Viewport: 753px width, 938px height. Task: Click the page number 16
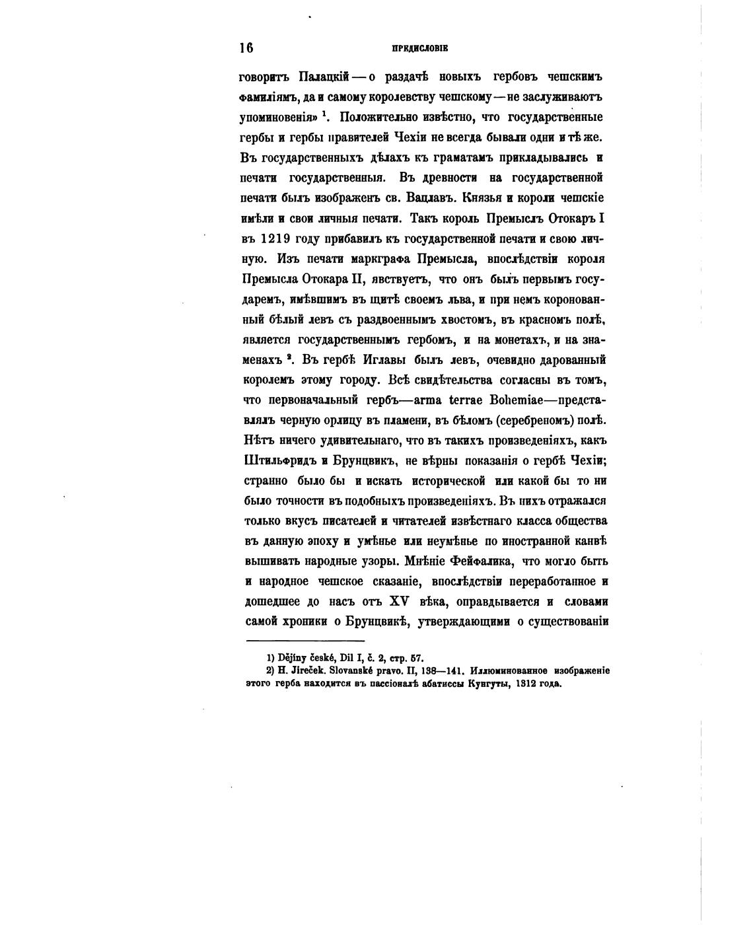[x=246, y=48]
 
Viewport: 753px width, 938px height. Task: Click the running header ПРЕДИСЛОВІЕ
[x=420, y=48]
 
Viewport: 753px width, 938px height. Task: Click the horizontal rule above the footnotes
[x=305, y=641]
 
